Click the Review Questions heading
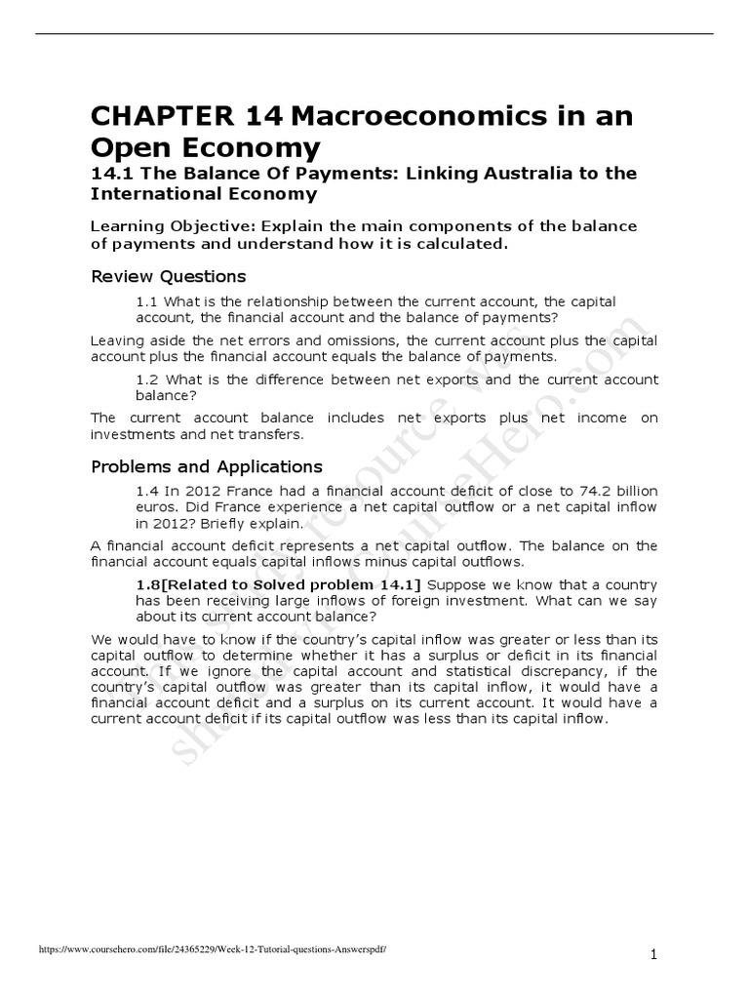(x=168, y=276)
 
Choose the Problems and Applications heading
(x=206, y=466)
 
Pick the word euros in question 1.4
(x=154, y=508)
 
